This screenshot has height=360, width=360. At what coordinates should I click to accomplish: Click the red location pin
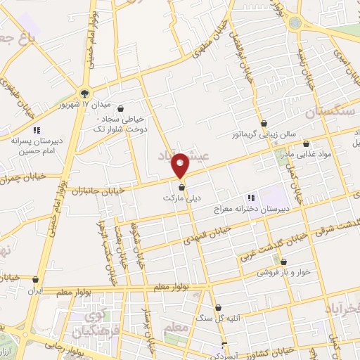tap(181, 164)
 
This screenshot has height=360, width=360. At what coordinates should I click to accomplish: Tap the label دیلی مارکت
tap(183, 199)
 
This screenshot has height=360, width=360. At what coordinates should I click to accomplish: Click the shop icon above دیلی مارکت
tap(183, 187)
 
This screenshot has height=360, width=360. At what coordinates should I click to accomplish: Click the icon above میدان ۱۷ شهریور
tap(85, 92)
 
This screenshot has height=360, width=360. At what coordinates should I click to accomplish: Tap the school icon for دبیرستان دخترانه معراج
tap(250, 198)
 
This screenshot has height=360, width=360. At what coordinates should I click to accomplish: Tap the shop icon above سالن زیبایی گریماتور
tap(264, 123)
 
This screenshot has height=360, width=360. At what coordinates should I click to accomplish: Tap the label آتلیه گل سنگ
tap(240, 317)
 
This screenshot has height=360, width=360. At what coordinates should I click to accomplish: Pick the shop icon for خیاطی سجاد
tap(124, 108)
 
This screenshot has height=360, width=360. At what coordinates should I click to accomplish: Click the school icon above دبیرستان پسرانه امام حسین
tap(37, 130)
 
